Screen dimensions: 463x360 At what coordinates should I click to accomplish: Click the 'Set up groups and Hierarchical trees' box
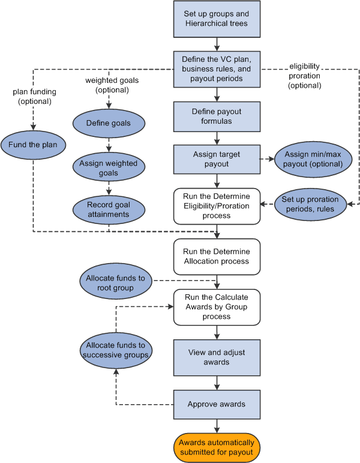217,19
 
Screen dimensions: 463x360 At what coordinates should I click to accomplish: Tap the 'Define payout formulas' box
217,117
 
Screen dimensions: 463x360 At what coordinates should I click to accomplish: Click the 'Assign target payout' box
217,160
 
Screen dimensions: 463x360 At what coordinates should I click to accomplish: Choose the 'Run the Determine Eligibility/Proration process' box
217,205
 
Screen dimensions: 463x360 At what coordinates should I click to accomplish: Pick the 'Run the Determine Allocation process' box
217,256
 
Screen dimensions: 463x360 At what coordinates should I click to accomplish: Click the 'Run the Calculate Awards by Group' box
217,307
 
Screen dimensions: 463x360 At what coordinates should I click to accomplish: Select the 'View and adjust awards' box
217,357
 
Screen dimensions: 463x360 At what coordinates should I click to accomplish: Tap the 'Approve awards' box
217,404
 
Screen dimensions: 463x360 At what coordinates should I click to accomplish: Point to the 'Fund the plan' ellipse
34,145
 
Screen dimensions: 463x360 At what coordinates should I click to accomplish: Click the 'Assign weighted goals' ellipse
109,169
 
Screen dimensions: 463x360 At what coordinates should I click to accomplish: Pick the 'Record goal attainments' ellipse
109,209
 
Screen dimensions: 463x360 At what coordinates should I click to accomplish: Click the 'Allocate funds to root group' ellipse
116,282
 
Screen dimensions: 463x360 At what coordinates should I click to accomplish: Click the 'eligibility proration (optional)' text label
305,75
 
